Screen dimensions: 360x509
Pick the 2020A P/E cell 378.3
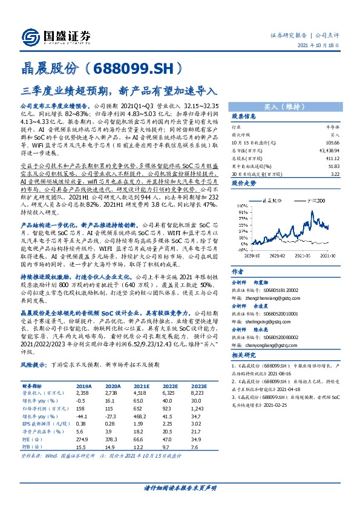tap(113, 439)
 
